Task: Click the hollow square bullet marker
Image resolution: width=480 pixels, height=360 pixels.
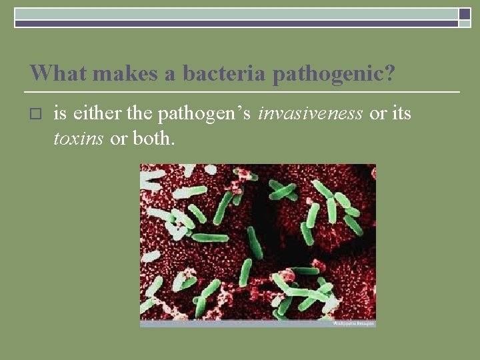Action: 36,115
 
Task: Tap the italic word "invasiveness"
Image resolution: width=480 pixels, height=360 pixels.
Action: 310,114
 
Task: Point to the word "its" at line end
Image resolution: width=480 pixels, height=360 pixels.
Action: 401,114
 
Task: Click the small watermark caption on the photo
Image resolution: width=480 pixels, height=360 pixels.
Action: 353,323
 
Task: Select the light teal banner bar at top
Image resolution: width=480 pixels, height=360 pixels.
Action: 236,13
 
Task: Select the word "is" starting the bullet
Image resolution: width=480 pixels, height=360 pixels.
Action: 60,114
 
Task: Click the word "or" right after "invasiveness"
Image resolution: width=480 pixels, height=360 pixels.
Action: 378,114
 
